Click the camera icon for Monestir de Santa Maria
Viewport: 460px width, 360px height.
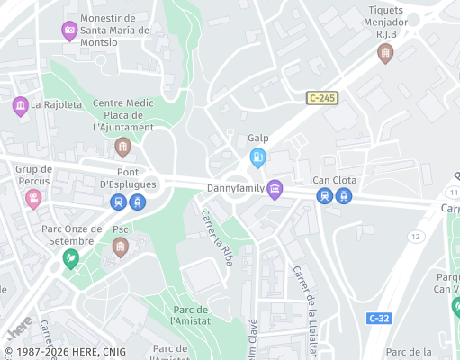click(69, 31)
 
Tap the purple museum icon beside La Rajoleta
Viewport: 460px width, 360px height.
click(20, 107)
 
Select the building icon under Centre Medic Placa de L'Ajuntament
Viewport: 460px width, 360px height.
click(123, 147)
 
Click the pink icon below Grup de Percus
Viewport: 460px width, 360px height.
click(33, 198)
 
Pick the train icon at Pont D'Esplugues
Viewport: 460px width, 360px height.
click(119, 202)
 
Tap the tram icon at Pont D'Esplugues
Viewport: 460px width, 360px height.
click(136, 202)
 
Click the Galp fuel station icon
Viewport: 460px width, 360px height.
click(258, 157)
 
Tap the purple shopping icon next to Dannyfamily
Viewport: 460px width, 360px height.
click(275, 189)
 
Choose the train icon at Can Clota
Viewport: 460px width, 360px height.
click(325, 196)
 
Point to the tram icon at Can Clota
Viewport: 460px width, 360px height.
click(343, 196)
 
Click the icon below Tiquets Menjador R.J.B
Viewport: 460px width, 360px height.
click(385, 53)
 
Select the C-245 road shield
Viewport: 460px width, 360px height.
click(321, 97)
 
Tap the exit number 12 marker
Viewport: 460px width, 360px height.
click(414, 236)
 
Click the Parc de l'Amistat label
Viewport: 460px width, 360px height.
click(191, 315)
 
